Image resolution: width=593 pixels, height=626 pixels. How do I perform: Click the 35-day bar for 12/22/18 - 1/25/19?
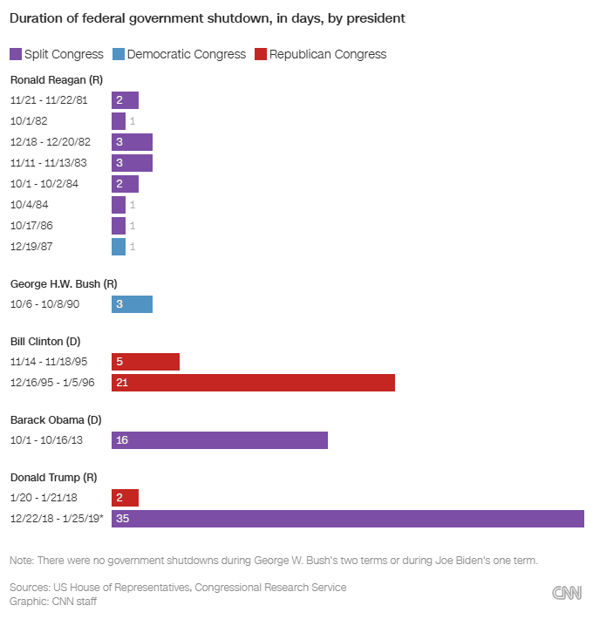tap(347, 519)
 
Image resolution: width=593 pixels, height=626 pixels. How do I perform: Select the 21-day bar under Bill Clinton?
tap(253, 383)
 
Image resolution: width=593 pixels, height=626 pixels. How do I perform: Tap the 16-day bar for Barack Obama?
tap(220, 440)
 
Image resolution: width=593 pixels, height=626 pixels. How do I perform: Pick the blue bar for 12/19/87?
tap(119, 247)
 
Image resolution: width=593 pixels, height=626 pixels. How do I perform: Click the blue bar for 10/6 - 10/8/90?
tap(132, 304)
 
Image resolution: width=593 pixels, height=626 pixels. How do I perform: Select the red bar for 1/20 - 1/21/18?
tap(125, 498)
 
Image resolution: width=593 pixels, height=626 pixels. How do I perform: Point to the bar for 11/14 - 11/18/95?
tap(146, 362)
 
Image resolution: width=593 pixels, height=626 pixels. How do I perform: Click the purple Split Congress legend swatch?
tap(16, 54)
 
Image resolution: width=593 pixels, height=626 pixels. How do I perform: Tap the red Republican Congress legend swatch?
tap(260, 54)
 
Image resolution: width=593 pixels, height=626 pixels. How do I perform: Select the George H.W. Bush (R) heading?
tap(64, 283)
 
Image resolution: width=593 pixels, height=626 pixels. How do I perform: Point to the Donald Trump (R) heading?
tap(53, 477)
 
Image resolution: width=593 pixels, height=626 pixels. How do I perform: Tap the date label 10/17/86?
tap(31, 226)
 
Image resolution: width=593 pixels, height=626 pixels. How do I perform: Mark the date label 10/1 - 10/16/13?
tap(46, 440)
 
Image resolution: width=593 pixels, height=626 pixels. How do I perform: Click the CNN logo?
tap(567, 593)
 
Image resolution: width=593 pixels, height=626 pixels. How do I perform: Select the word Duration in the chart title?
tap(36, 17)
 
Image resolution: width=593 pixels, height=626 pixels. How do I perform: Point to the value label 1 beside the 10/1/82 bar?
tap(133, 121)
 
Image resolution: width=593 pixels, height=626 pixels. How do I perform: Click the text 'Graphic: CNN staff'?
tap(53, 601)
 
